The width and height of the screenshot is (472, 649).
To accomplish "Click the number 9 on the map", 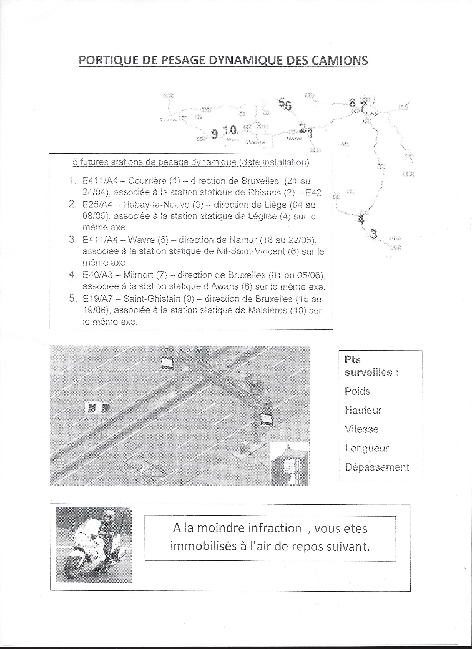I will pyautogui.click(x=214, y=134).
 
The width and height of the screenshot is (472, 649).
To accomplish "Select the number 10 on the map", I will pyautogui.click(x=230, y=130).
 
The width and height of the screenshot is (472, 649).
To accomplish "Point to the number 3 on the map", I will pyautogui.click(x=373, y=234).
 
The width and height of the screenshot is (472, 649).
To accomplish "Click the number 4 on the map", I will pyautogui.click(x=361, y=220).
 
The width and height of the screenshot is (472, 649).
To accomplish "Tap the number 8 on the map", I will pyautogui.click(x=352, y=102).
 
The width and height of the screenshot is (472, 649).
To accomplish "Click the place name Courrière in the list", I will pyautogui.click(x=147, y=181).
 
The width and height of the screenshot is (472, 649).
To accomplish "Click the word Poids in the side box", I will pyautogui.click(x=358, y=391).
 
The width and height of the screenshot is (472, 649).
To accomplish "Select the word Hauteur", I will pyautogui.click(x=363, y=410).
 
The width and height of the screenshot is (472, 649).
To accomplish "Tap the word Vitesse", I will pyautogui.click(x=362, y=429).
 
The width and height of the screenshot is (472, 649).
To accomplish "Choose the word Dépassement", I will pyautogui.click(x=377, y=467).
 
